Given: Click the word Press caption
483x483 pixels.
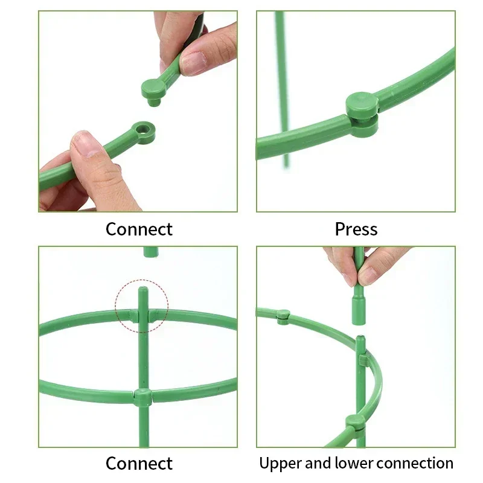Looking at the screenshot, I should point(356,229).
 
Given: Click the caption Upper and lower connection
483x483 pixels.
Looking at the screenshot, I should point(356,463).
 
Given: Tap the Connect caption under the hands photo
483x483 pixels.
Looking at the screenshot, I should point(139,229).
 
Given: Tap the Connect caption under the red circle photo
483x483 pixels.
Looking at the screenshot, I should point(139,463).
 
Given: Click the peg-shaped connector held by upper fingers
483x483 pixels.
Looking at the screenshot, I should point(154,91).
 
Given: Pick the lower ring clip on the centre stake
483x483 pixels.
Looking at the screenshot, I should point(143,397).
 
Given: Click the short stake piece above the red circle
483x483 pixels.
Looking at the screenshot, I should point(150,251).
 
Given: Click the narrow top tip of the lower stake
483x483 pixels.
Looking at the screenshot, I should point(360,339).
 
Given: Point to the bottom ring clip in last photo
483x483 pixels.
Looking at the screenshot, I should point(356,423).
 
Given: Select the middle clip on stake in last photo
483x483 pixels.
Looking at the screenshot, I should point(363,360).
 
